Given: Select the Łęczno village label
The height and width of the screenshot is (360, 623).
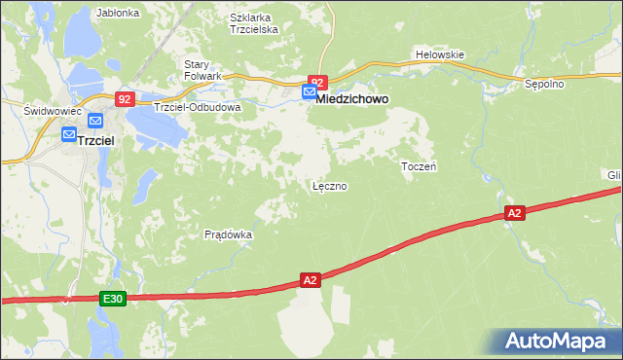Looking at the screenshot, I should [x=329, y=185].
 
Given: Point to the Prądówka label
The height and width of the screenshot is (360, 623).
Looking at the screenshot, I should [x=229, y=234].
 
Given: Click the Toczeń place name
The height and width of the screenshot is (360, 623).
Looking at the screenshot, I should [x=419, y=166].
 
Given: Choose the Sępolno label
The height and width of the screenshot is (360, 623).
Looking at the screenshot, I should [x=544, y=84].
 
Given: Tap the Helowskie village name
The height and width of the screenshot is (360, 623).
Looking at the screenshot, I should [x=440, y=54].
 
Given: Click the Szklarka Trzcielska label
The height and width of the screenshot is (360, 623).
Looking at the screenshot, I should [x=254, y=23].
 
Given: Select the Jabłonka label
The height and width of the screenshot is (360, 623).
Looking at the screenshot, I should [x=119, y=14].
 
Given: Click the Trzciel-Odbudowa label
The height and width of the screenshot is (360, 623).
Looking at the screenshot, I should [x=197, y=107].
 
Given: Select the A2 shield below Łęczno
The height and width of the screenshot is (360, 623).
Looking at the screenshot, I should [x=310, y=280].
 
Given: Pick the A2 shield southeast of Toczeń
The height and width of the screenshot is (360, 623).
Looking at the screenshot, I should [x=515, y=212].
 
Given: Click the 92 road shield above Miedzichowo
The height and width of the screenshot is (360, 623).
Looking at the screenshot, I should [x=317, y=82].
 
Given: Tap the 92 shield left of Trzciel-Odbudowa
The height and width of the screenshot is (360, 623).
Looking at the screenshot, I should [x=124, y=99].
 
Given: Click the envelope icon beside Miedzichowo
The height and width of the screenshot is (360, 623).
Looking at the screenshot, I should [x=309, y=92].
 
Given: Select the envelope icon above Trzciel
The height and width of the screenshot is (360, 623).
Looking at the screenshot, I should [x=95, y=120].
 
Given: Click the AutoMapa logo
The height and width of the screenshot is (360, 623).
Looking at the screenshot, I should [x=558, y=342].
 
